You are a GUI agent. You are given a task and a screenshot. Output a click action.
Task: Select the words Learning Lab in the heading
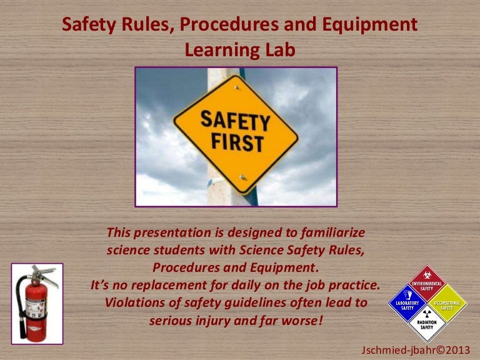coord(240,51)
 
